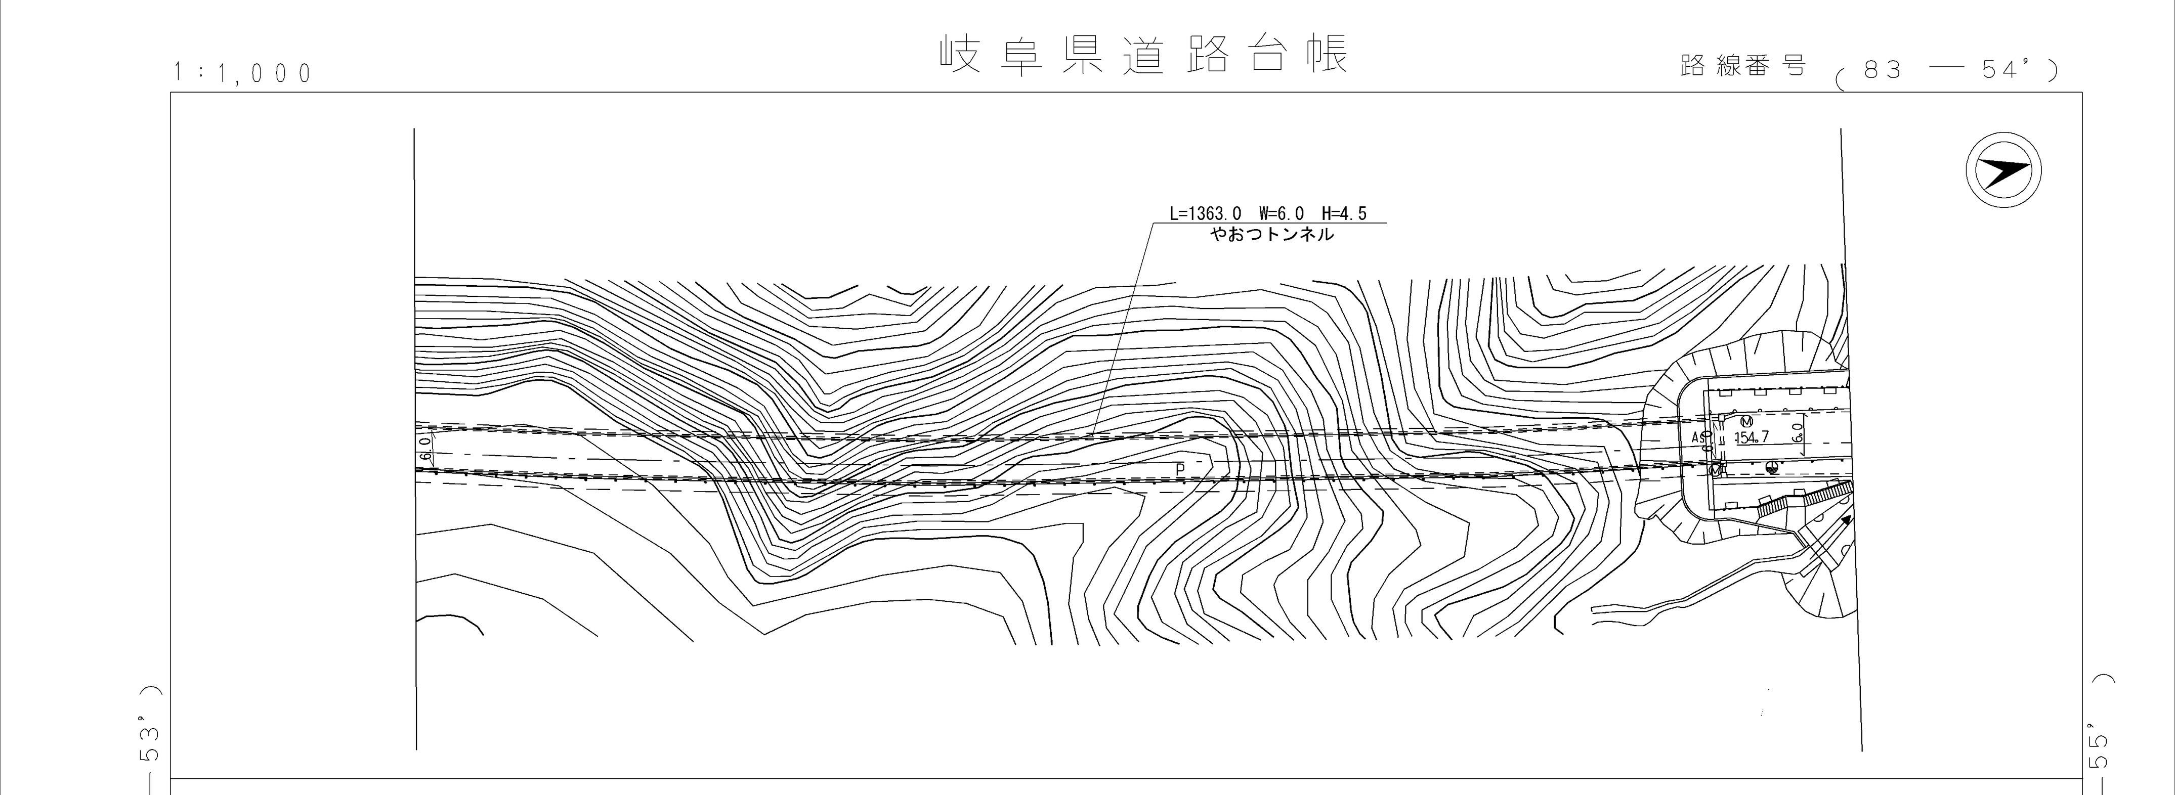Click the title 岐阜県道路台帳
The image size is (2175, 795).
(x=1144, y=54)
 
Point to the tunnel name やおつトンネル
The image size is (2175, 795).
(x=1272, y=235)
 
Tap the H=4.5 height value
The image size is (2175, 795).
(x=1344, y=214)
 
